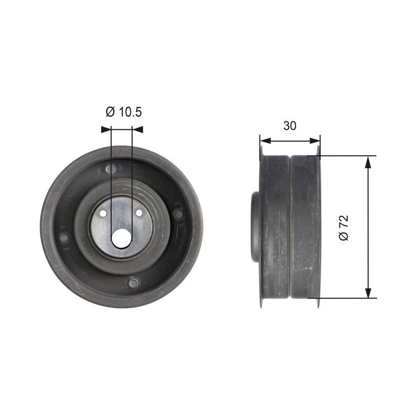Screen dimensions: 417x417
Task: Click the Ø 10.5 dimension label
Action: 124,112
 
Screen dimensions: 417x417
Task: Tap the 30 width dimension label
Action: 290,126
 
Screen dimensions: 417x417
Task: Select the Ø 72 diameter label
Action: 344,228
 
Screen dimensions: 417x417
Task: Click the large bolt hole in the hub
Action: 121,238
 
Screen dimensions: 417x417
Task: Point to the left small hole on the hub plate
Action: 103,213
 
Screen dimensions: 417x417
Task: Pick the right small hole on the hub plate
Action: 139,213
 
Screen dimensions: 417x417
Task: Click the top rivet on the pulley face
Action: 111,168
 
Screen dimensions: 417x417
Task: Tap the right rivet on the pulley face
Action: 178,214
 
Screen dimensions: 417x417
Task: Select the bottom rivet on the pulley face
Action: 133,283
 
